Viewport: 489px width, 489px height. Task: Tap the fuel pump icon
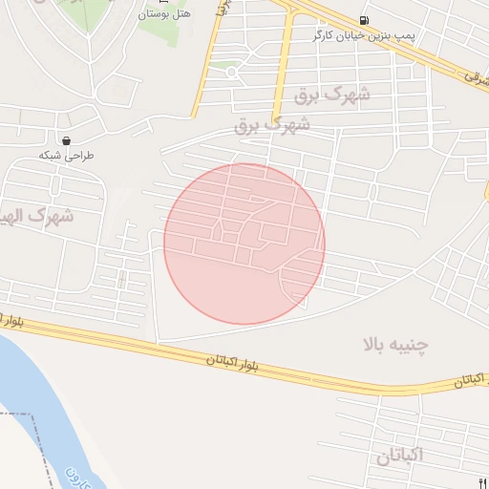364,21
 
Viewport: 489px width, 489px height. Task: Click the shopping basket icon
66,139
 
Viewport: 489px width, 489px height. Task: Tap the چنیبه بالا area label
395,345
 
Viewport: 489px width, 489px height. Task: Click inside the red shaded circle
244,244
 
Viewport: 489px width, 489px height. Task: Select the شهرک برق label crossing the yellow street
273,124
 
